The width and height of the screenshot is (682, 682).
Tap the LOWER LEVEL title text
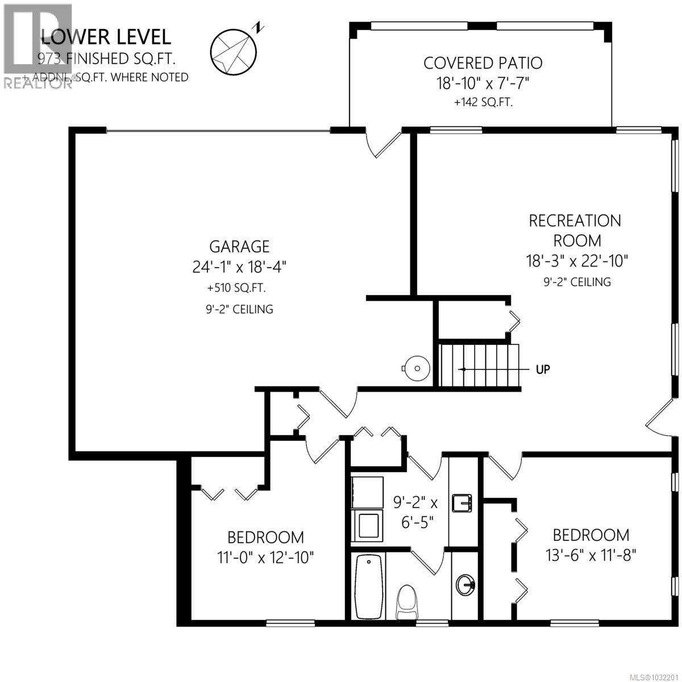[x=106, y=37]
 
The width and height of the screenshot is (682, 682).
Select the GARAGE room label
[x=239, y=247]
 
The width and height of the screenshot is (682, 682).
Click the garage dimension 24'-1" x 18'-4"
[x=239, y=267]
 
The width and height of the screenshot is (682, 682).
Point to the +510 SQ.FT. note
[x=237, y=288]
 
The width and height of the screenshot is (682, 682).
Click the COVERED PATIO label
[x=483, y=63]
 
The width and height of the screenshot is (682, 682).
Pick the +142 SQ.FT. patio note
[x=483, y=103]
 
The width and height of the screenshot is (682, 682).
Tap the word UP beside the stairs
[x=543, y=369]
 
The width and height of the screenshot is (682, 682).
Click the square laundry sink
[x=461, y=503]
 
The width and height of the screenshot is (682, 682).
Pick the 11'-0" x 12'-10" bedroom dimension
[x=266, y=558]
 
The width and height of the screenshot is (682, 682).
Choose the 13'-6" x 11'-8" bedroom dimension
[x=591, y=555]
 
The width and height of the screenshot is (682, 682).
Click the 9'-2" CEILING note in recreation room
[x=576, y=281]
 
